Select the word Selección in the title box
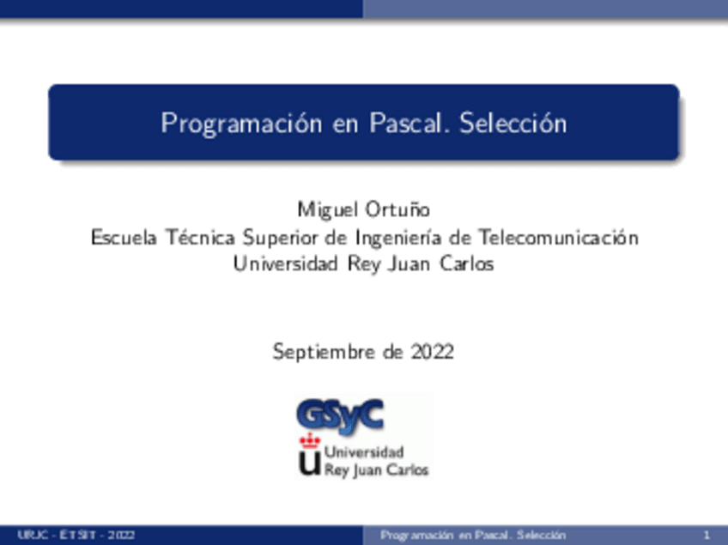click(513, 124)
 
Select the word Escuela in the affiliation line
click(124, 236)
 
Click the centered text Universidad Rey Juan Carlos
click(364, 263)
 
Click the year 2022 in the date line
click(432, 352)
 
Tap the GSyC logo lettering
click(340, 415)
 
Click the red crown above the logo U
click(309, 441)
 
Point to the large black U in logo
click(309, 463)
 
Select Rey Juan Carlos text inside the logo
click(376, 470)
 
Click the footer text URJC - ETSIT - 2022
click(76, 535)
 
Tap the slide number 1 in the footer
click(706, 535)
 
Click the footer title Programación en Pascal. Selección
click(473, 535)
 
